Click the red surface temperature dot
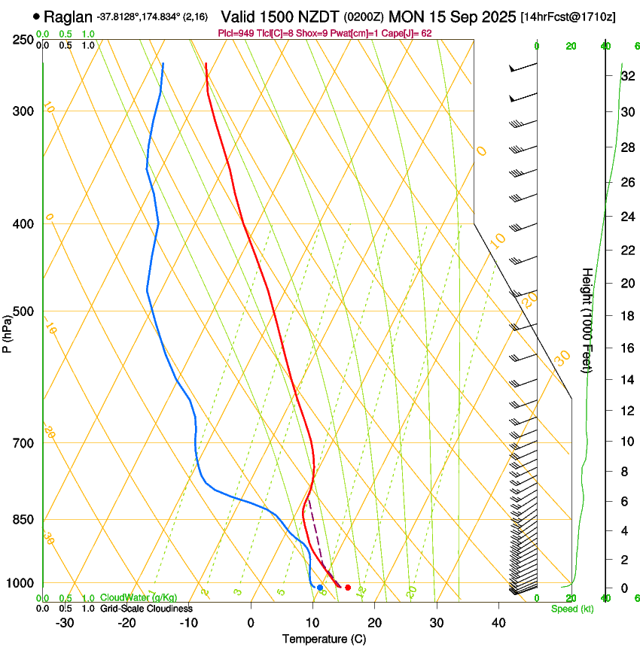348,588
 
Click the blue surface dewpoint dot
320,588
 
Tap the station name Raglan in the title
69,16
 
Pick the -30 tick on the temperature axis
65,623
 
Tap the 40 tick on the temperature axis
498,623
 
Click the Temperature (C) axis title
324,639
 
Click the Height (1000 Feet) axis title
587,320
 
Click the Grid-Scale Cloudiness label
145,609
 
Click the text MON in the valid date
405,16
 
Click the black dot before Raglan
37,16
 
